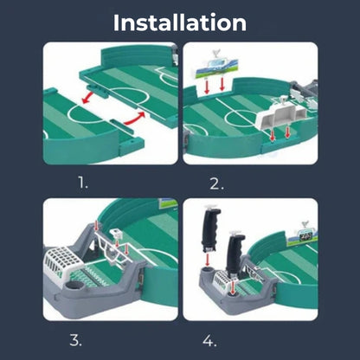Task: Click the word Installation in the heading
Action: click(x=180, y=22)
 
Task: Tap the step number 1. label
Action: click(x=83, y=183)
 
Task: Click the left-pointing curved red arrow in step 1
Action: click(x=88, y=98)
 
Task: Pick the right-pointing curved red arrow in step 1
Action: click(x=134, y=119)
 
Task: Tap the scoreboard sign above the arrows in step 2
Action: click(x=216, y=67)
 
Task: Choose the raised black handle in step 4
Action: click(x=211, y=228)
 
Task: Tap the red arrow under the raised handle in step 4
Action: click(x=207, y=259)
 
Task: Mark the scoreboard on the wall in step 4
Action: click(x=302, y=236)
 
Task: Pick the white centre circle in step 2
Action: click(x=241, y=119)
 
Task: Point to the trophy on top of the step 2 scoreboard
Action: click(x=215, y=54)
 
